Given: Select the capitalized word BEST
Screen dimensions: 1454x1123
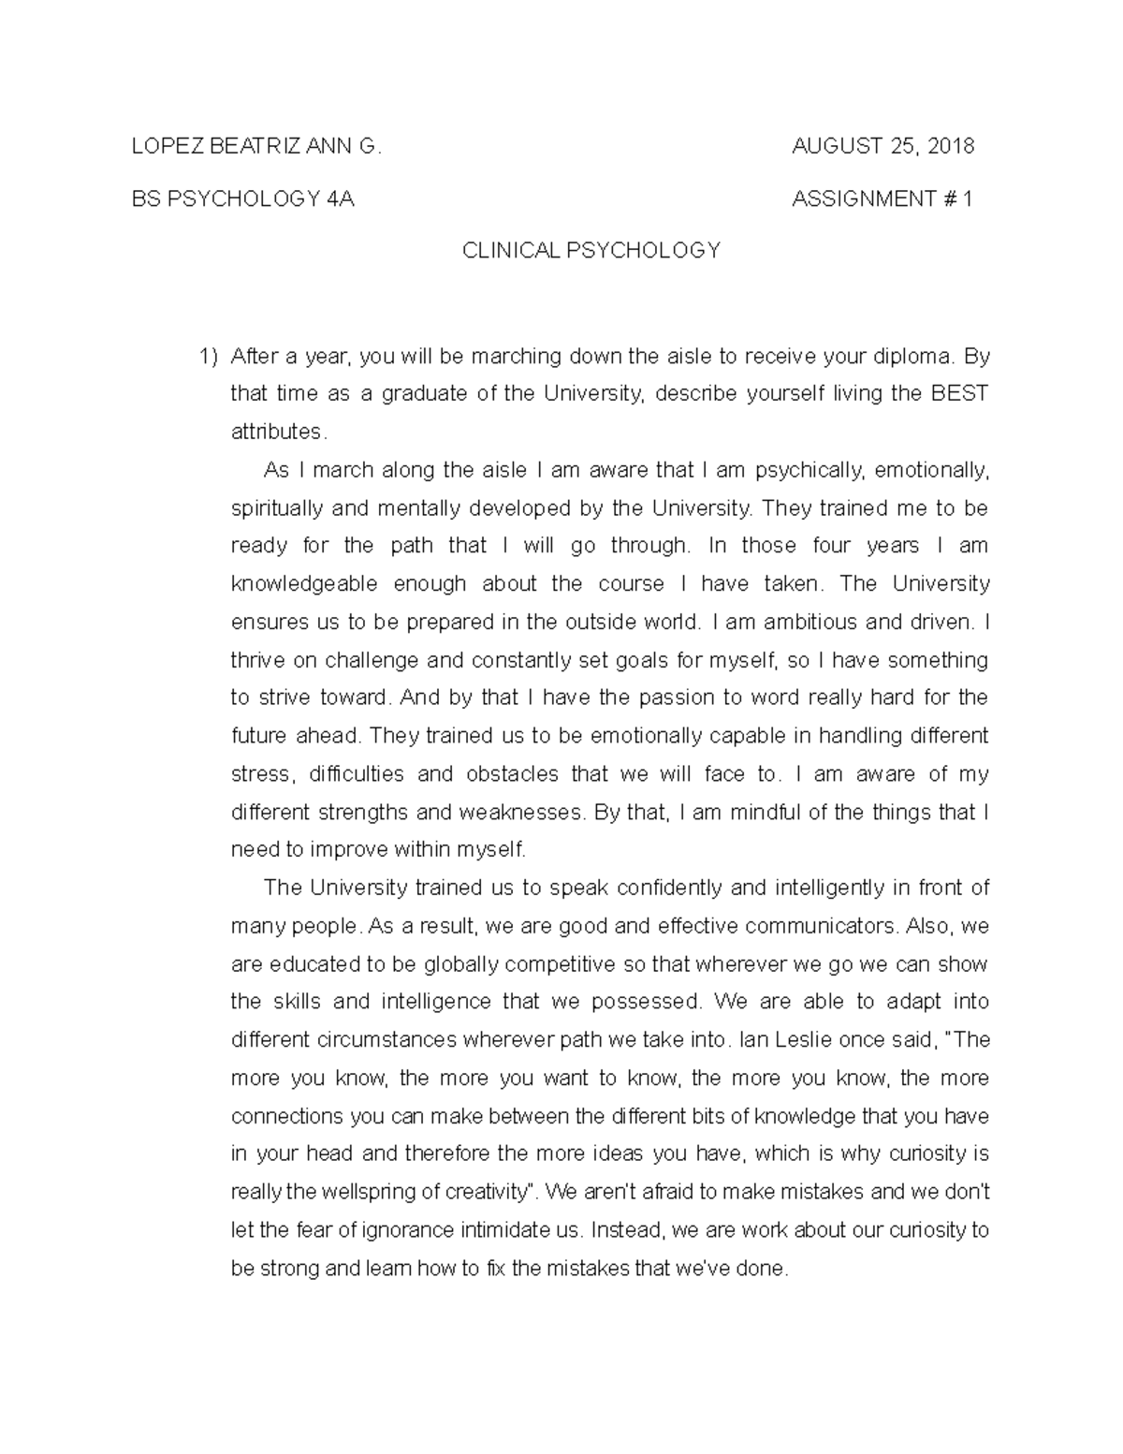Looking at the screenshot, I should coord(960,393).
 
